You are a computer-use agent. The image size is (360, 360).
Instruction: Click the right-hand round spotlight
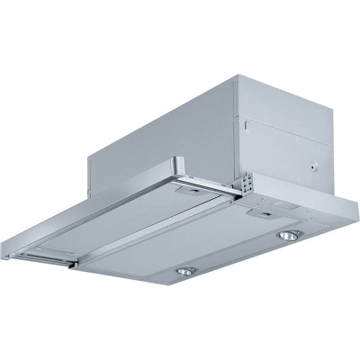(x=289, y=235)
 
